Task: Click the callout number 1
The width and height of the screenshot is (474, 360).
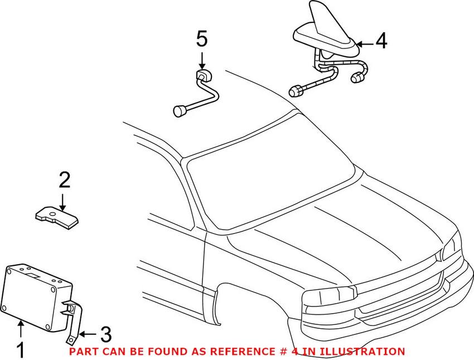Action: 21,350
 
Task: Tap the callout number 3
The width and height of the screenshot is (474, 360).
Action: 104,334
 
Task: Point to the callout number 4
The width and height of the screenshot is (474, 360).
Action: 381,41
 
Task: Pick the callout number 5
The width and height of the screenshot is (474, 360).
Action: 201,39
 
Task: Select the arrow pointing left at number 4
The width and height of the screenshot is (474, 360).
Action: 365,43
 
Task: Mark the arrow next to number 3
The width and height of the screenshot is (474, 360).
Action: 88,334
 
